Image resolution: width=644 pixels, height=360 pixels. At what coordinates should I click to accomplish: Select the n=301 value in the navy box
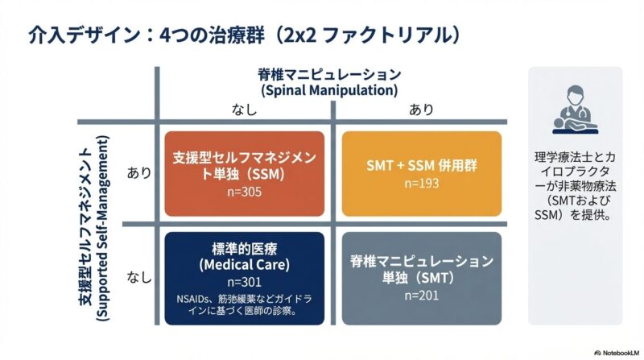pos(243,282)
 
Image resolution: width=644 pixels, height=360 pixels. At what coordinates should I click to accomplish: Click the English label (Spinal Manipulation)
pos(328,89)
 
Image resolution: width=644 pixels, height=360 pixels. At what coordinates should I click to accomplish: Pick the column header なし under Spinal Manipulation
pos(244,110)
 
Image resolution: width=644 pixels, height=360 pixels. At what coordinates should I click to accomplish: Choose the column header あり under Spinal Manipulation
pos(421,110)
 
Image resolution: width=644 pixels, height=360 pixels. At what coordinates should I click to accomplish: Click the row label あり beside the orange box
pos(139,172)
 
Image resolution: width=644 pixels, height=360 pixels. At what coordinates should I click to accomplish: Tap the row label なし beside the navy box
pos(139,278)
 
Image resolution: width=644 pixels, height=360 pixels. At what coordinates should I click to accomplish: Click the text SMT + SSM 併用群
pos(421,166)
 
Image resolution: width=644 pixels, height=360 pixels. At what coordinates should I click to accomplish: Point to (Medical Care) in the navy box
pos(243,264)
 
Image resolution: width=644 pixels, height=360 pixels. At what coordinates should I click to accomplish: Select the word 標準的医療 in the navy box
pos(243,247)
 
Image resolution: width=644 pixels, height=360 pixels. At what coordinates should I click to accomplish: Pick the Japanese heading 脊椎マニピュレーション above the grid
pos(328,72)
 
